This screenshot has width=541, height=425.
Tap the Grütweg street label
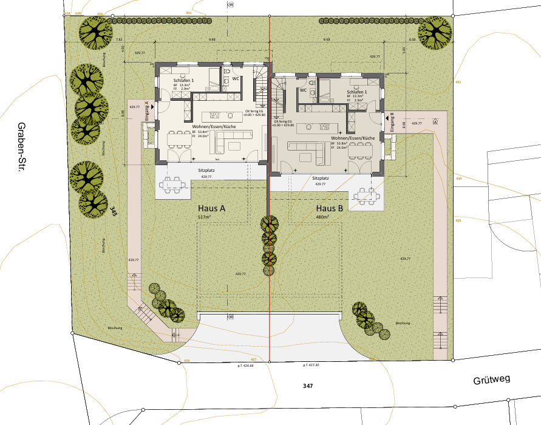tap(492, 381)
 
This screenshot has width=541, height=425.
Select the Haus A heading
tap(211, 208)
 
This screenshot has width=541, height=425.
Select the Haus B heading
tap(330, 208)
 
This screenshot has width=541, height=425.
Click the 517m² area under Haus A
tap(203, 217)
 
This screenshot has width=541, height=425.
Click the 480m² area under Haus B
tap(322, 217)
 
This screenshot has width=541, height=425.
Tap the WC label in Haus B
tap(302, 90)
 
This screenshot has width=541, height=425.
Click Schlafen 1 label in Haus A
tap(183, 81)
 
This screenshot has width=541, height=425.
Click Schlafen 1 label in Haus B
tap(356, 91)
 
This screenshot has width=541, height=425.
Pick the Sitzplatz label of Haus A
tap(206, 172)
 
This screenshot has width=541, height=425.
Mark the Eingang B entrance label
tap(392, 122)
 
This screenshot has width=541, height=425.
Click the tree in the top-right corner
tap(435, 30)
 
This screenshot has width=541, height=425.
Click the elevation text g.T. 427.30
tap(311, 365)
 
